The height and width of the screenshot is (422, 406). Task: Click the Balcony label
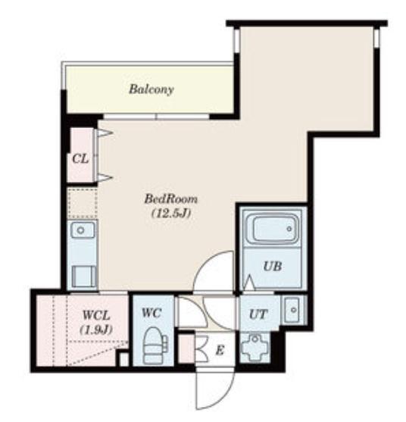[x=151, y=89]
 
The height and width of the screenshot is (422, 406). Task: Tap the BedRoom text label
[x=171, y=199]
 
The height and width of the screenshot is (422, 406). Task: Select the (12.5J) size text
[x=171, y=214]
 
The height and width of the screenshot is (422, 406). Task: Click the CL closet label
[x=80, y=159]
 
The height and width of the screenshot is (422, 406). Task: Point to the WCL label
[x=96, y=315]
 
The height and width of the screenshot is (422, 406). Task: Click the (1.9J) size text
[x=96, y=330]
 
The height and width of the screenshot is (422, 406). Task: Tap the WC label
[x=151, y=313]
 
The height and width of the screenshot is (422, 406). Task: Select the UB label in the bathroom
[x=273, y=267]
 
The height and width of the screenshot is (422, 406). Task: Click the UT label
[x=258, y=314]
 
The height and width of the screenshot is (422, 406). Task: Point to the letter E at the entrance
[x=220, y=351]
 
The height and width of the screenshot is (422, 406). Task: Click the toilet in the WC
[x=154, y=345]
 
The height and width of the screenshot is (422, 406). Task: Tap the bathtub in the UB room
[x=274, y=229]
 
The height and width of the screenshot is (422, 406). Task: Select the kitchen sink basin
[x=83, y=230]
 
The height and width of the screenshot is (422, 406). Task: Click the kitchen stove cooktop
[x=84, y=276]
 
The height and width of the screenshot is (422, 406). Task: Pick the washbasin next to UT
[x=292, y=310]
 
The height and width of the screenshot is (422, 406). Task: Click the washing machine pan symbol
[x=255, y=347]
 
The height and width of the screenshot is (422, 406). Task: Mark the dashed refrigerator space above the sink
[x=83, y=204]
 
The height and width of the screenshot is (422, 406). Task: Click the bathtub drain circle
[x=289, y=229]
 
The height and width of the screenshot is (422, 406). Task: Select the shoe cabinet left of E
[x=186, y=349]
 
